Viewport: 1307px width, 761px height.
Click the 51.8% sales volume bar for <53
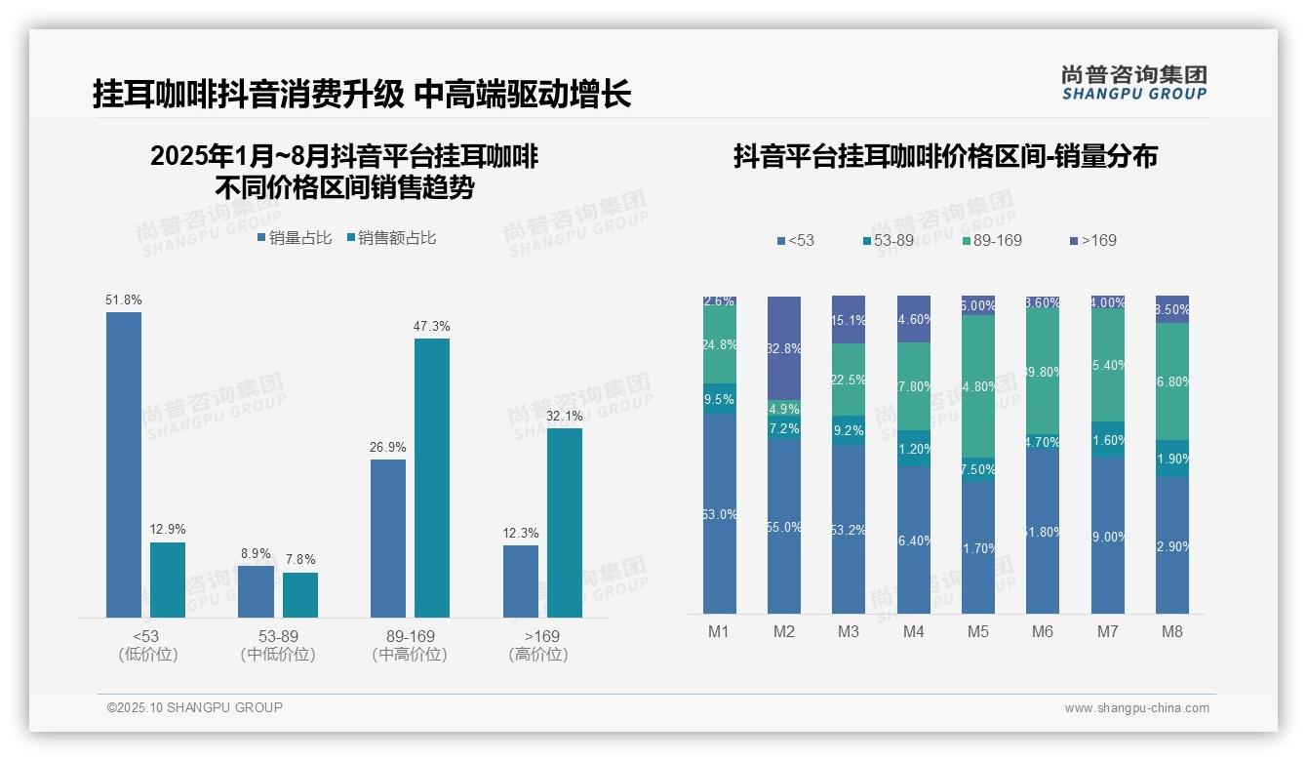click(124, 464)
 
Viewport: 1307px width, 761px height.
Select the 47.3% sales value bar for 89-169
click(432, 478)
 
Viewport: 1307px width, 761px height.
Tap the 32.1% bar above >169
click(564, 523)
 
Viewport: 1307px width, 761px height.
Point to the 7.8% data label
click(300, 560)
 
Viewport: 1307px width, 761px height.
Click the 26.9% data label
click(388, 447)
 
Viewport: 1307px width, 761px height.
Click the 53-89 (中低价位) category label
click(278, 645)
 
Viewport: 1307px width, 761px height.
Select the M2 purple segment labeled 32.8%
click(784, 348)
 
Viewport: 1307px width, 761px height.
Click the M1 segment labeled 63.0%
click(720, 514)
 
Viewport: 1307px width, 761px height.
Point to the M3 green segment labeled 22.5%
click(849, 380)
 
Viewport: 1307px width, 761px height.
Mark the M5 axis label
click(978, 631)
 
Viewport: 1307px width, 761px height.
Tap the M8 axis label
click(1172, 631)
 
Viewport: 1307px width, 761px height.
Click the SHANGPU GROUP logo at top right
click(1134, 83)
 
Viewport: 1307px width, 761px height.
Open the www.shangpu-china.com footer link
click(1136, 708)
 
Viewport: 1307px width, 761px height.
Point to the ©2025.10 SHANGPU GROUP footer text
click(195, 707)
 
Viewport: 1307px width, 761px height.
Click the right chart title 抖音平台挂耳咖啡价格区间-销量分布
click(944, 157)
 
